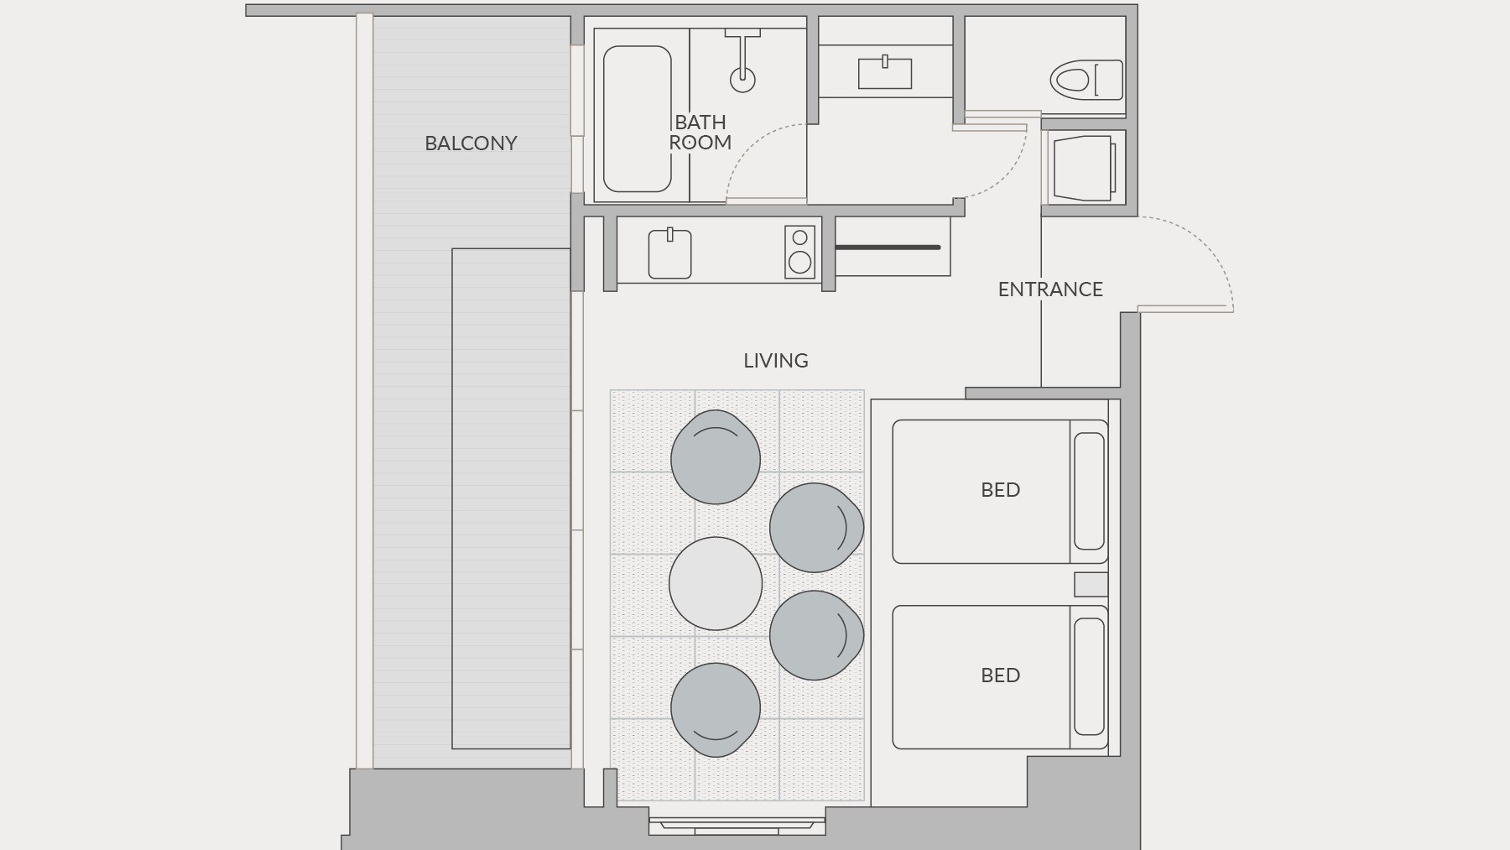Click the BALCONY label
(471, 143)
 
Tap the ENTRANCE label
(1050, 289)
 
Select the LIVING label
(776, 361)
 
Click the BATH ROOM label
(700, 133)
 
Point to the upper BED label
(1001, 490)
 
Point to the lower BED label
(1001, 675)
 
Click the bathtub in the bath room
(638, 119)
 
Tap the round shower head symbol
(742, 80)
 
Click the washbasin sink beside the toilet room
(885, 73)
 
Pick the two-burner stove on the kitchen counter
(800, 252)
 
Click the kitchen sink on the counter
(669, 254)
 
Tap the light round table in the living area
(716, 583)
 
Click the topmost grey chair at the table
(716, 457)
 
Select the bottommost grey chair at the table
(716, 710)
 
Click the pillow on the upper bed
(1090, 491)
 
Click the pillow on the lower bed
(1090, 676)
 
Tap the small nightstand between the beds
(1091, 584)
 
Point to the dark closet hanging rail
(888, 248)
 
